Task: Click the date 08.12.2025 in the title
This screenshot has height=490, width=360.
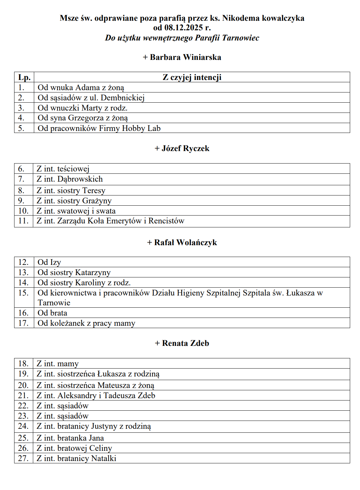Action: click(183, 28)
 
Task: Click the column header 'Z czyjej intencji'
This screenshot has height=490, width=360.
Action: click(192, 77)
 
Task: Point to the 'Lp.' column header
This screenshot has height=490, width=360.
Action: click(24, 77)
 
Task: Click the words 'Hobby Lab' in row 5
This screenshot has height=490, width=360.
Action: click(141, 128)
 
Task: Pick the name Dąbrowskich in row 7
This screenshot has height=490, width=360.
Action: click(80, 179)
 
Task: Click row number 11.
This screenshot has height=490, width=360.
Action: click(23, 221)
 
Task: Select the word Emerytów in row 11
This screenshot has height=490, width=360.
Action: click(123, 221)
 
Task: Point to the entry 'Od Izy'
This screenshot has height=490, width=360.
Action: click(49, 262)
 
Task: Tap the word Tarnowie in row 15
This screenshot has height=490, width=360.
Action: click(54, 303)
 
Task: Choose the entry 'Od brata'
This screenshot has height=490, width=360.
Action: click(52, 313)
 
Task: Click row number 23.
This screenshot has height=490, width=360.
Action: click(23, 416)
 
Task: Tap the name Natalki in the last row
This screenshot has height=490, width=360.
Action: click(104, 458)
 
